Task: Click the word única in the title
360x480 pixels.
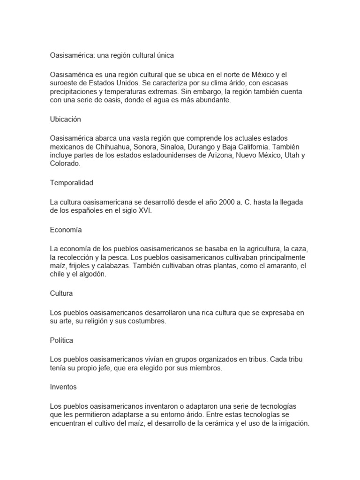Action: tap(164, 55)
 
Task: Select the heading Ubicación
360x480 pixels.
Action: tap(65, 120)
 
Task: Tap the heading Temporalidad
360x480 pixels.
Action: tap(71, 183)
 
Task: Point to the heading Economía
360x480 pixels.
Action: tap(66, 230)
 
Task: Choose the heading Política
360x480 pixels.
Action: tap(61, 340)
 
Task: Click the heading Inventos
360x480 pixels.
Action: tap(63, 387)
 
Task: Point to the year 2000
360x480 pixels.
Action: tap(222, 202)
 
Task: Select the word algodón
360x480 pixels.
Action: tap(92, 275)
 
